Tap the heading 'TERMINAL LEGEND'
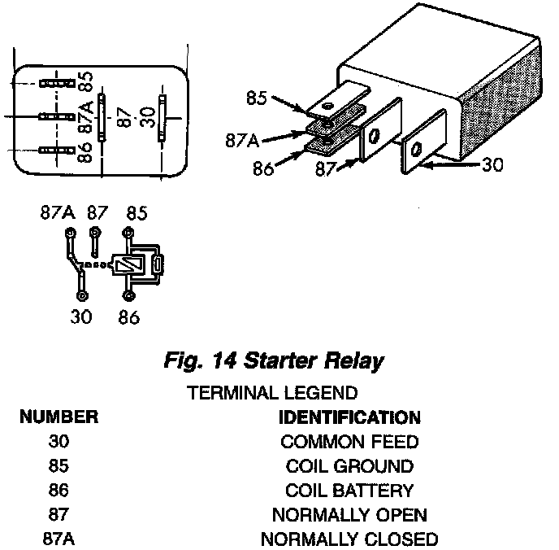pyautogui.click(x=272, y=394)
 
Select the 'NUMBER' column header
pyautogui.click(x=59, y=418)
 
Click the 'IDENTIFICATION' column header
pyautogui.click(x=349, y=418)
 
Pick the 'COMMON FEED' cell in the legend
pyautogui.click(x=349, y=443)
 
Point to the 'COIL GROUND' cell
pyautogui.click(x=349, y=467)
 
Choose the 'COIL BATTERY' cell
pyautogui.click(x=349, y=491)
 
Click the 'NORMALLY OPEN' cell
pyautogui.click(x=349, y=516)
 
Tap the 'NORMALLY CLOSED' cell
pyautogui.click(x=349, y=539)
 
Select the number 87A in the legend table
pyautogui.click(x=59, y=539)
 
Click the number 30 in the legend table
pyautogui.click(x=59, y=443)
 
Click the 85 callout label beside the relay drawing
pyautogui.click(x=258, y=99)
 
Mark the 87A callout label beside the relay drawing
pyautogui.click(x=242, y=141)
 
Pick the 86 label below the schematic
pyautogui.click(x=128, y=317)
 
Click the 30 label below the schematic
pyautogui.click(x=82, y=317)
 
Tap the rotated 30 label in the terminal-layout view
pyautogui.click(x=146, y=116)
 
